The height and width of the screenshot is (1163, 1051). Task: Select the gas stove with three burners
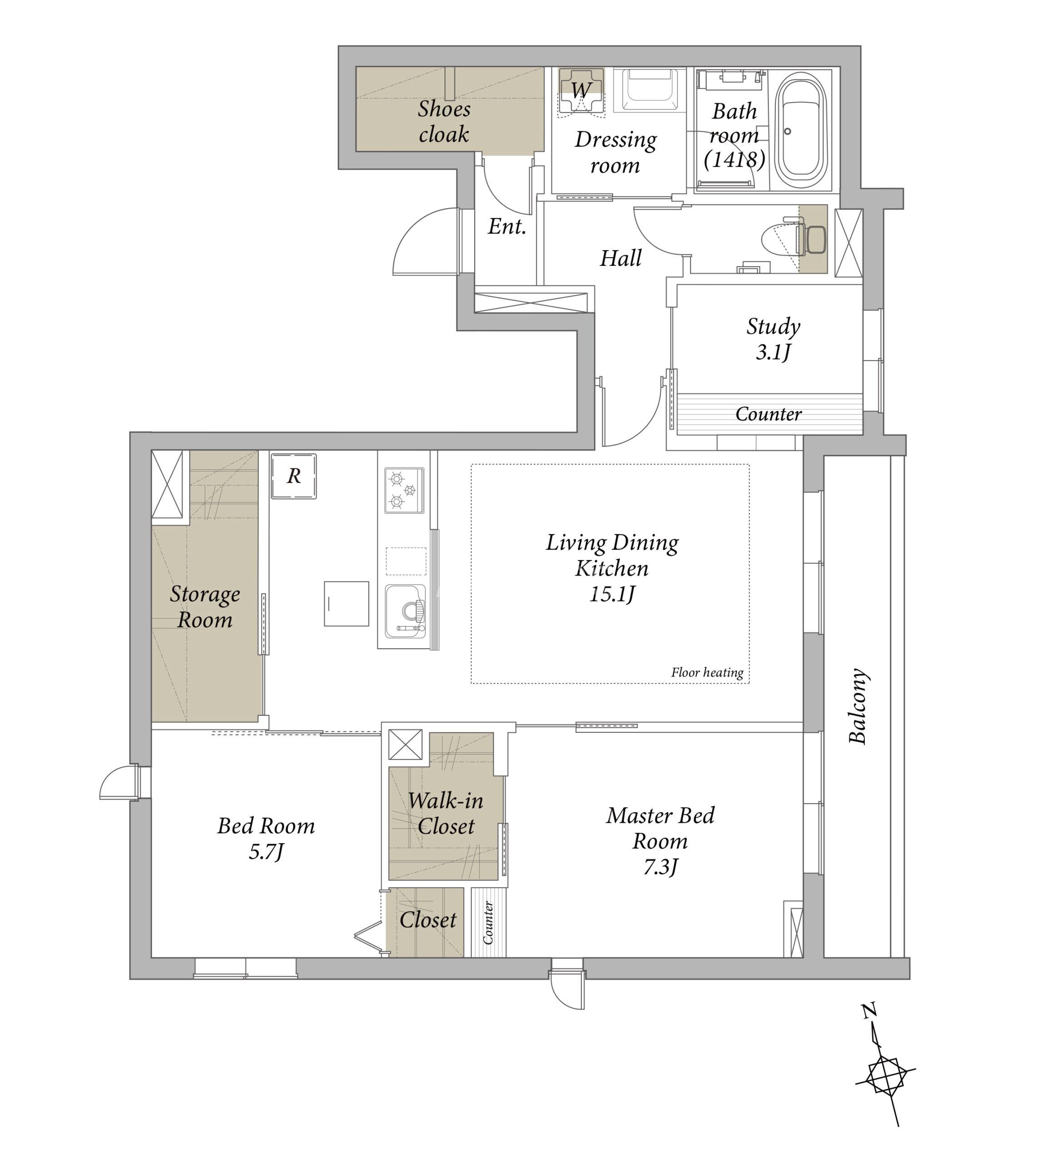point(404,490)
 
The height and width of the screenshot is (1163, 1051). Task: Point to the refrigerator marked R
point(293,476)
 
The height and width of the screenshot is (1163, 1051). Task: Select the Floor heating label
point(707,672)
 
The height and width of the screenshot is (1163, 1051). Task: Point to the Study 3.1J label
point(773,338)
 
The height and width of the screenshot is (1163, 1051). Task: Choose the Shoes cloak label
point(444,121)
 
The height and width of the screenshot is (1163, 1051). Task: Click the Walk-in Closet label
point(445,813)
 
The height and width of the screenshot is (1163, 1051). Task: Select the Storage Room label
point(205,607)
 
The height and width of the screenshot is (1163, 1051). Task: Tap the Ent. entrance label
point(507,226)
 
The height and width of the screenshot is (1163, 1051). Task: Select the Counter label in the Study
point(768,413)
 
